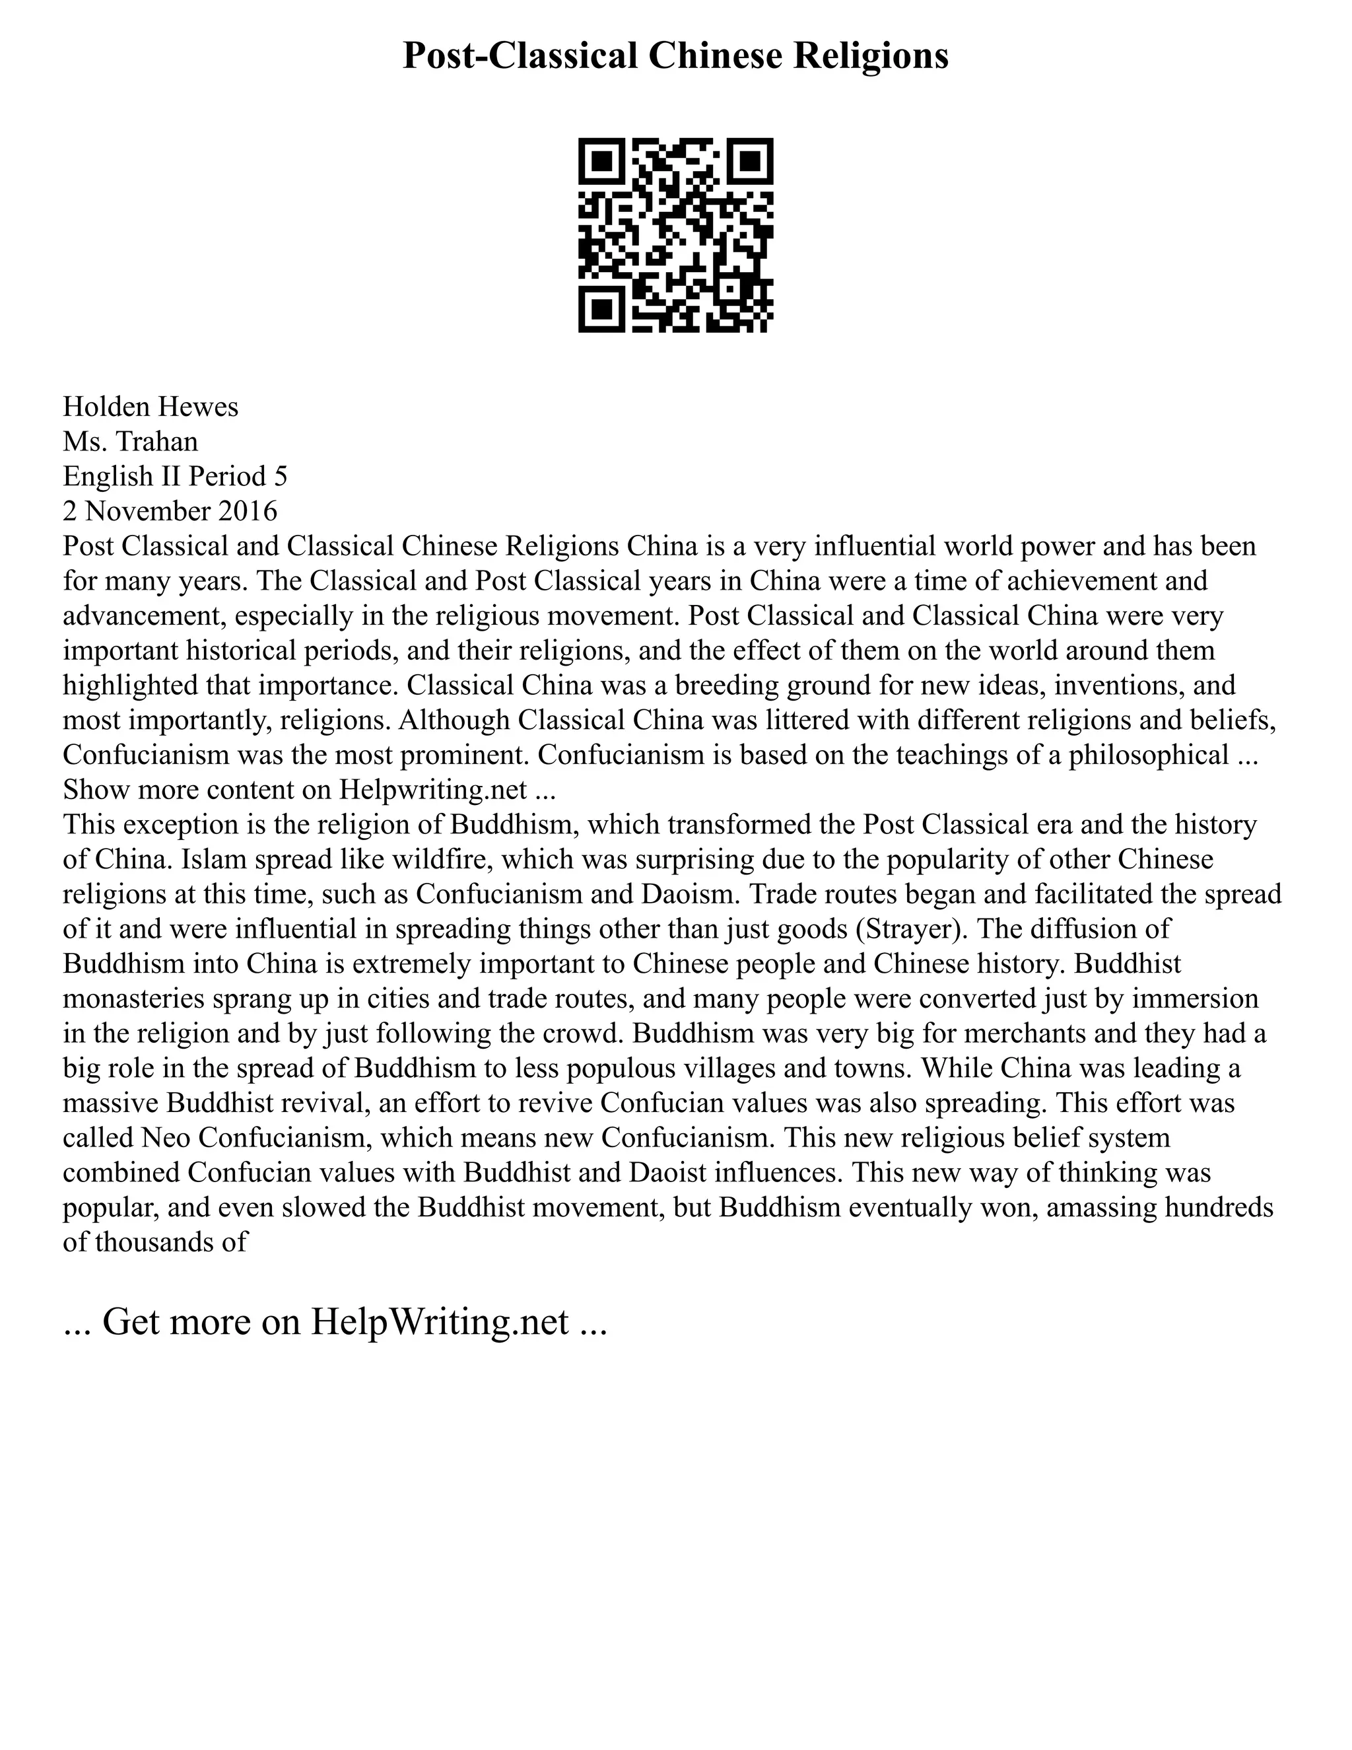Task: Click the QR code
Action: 675,235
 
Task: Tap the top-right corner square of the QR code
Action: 751,160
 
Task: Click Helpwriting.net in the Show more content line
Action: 433,790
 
